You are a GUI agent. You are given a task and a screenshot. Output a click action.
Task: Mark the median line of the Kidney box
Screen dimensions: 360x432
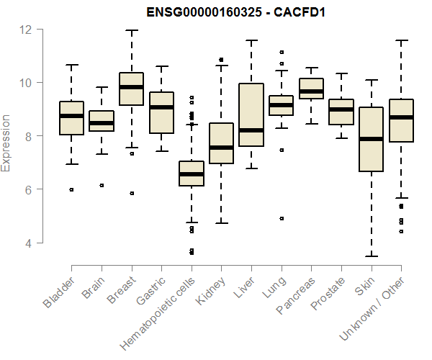[221, 148]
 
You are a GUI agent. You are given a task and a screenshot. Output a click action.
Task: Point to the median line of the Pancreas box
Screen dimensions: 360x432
[311, 91]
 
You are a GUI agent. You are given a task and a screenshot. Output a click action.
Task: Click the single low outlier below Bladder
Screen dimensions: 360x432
[72, 189]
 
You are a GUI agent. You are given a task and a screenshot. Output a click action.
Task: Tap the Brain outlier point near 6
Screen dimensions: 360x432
[102, 185]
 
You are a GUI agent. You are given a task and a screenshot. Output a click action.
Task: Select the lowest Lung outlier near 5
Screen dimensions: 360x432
[282, 218]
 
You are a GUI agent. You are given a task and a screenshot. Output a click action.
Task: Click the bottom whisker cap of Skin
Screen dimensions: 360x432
[371, 256]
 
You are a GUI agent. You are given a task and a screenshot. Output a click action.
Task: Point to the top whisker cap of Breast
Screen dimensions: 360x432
[132, 30]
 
